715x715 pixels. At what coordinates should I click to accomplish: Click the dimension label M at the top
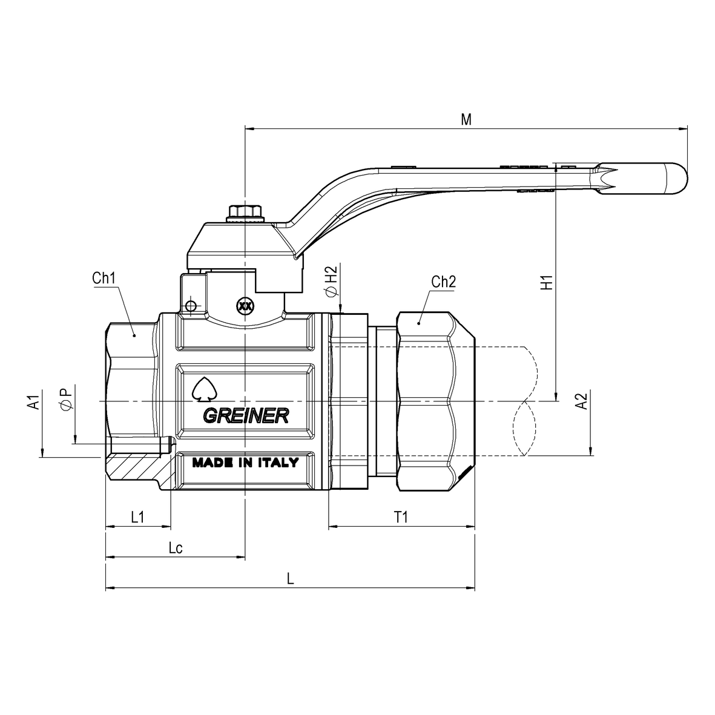[x=466, y=119]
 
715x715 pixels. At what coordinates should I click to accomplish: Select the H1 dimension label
[x=547, y=282]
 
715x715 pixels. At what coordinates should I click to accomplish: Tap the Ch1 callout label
[x=104, y=278]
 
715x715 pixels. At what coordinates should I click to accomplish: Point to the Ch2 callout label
[x=444, y=282]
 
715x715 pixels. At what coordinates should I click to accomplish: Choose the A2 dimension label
[x=581, y=402]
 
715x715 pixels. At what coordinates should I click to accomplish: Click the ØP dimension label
[x=67, y=400]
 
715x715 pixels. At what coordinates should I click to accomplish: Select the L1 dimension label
[x=138, y=517]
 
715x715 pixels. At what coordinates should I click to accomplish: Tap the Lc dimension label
[x=176, y=548]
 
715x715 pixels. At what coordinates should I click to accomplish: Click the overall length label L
[x=291, y=579]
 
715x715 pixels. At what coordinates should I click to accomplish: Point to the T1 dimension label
[x=401, y=517]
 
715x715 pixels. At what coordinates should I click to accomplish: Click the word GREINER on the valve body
[x=245, y=416]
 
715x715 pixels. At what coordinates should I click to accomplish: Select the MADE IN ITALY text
[x=245, y=463]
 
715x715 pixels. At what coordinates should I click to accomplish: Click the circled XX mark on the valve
[x=245, y=306]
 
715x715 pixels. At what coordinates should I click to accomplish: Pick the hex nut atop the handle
[x=245, y=213]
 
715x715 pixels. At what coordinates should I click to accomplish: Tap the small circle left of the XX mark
[x=191, y=306]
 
